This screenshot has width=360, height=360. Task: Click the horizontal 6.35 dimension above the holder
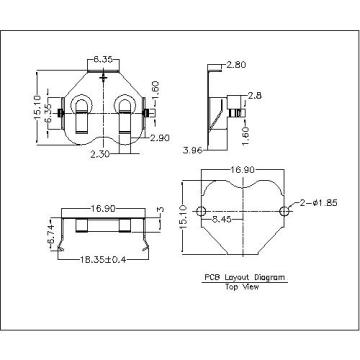pyautogui.click(x=103, y=60)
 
